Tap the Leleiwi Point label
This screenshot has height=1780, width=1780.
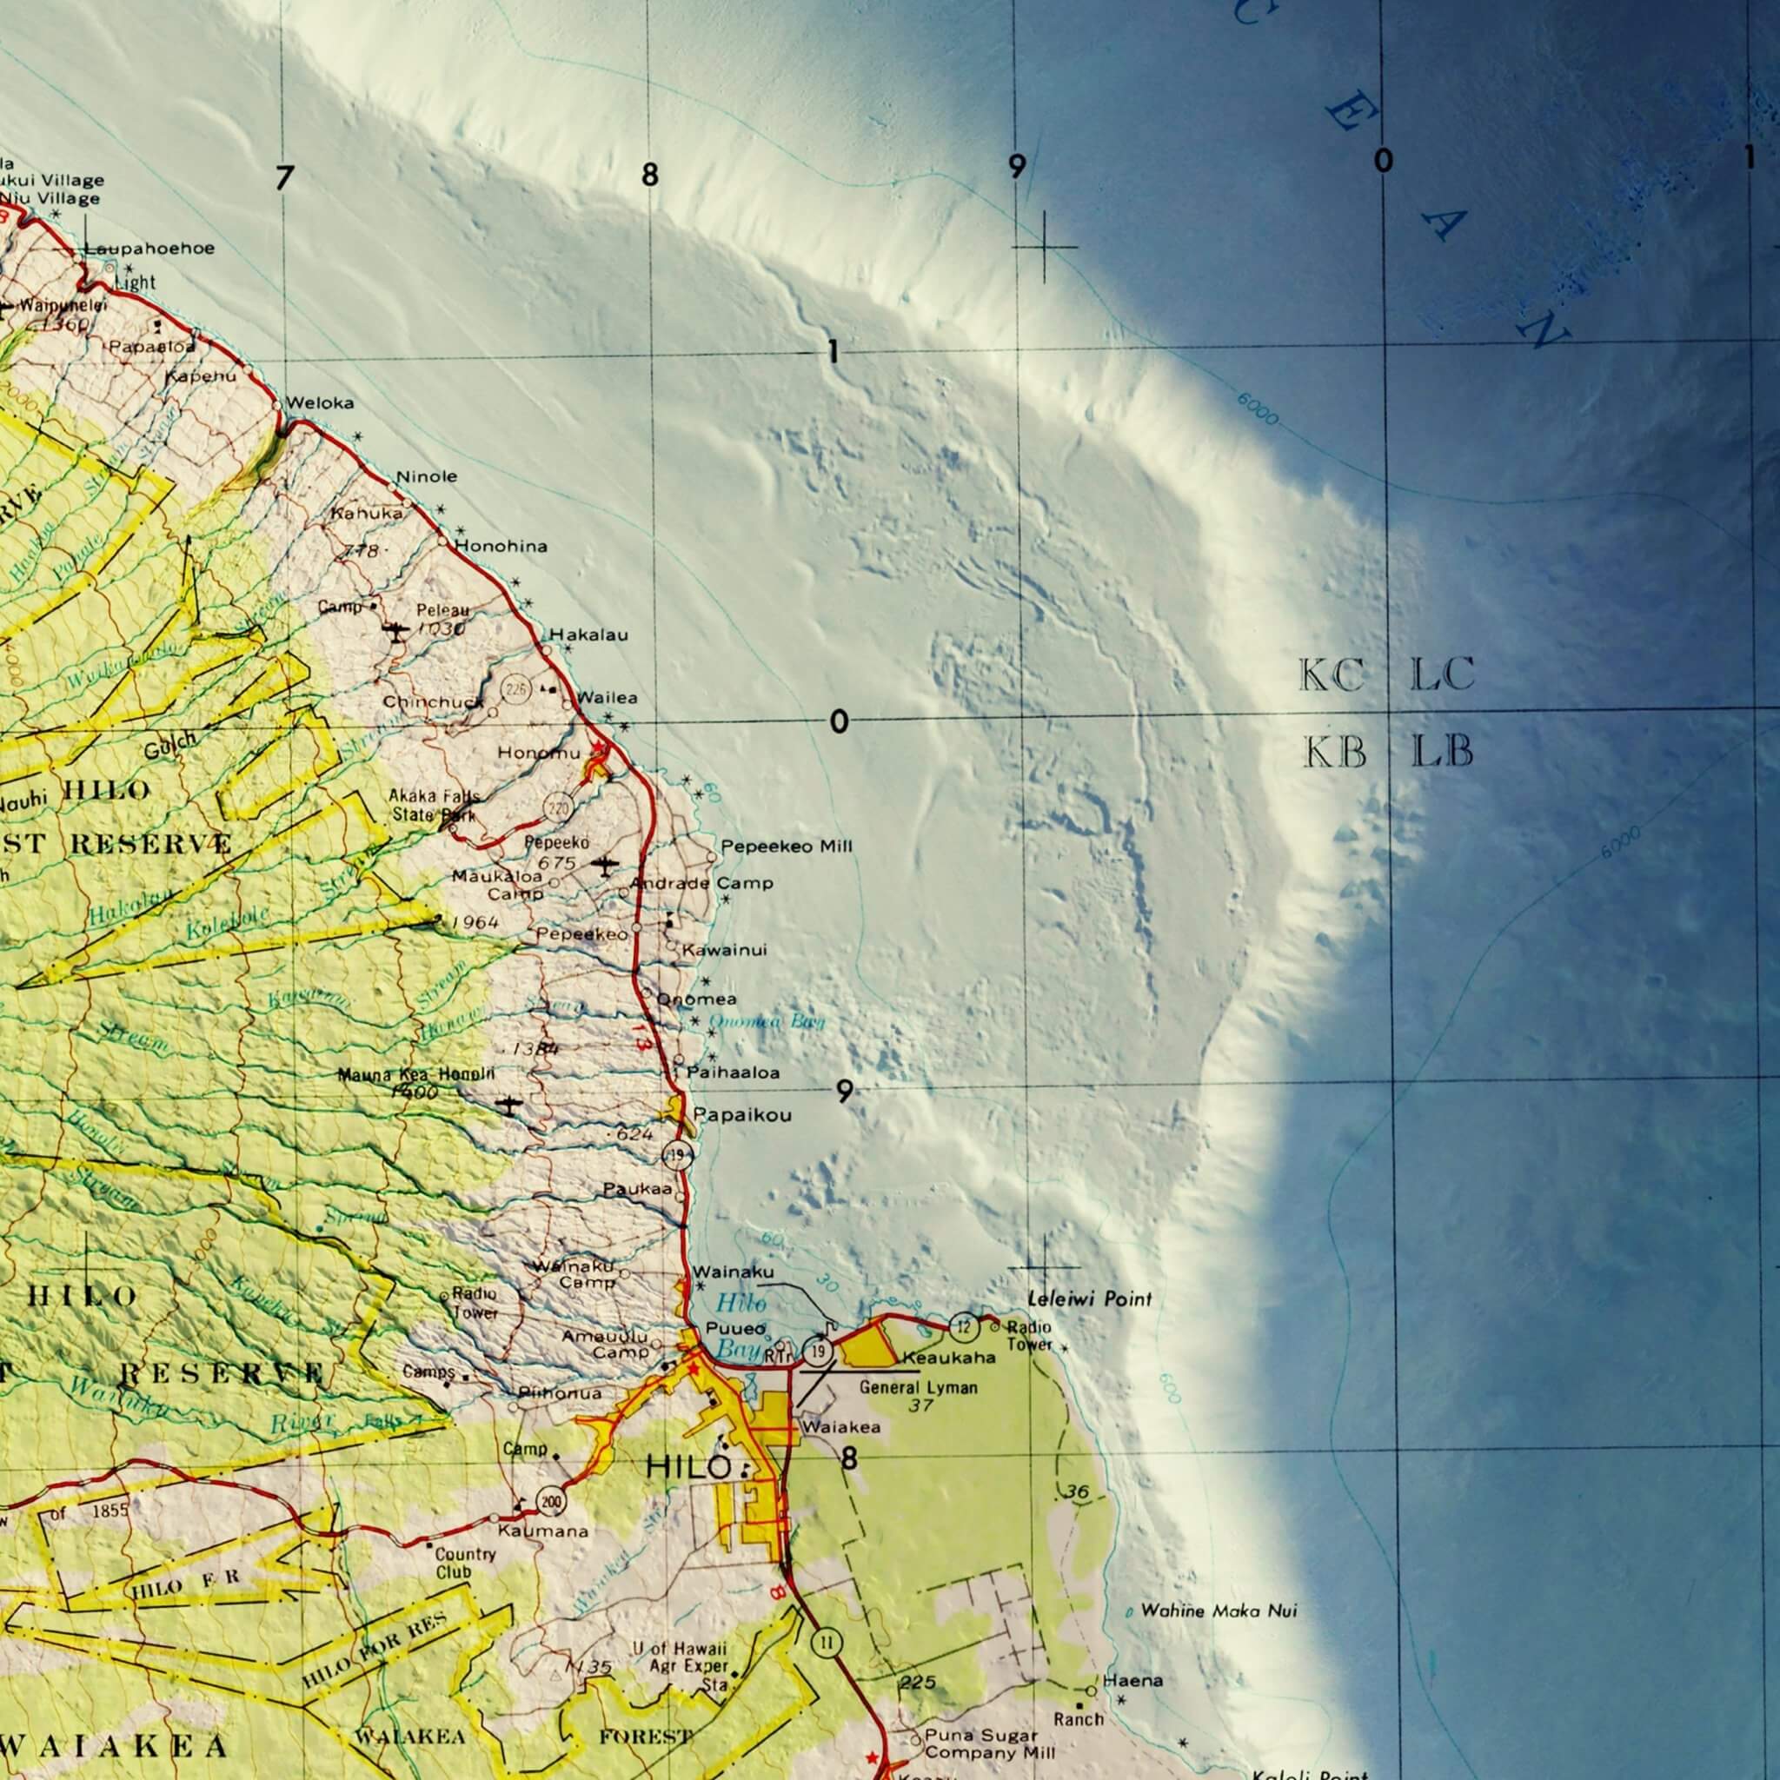1089,1299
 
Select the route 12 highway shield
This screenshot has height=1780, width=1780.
964,1325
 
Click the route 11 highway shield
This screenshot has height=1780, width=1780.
827,1642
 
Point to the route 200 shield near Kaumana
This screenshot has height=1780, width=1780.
551,1504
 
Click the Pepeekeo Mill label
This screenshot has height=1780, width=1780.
786,846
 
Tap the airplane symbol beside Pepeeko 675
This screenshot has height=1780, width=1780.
604,865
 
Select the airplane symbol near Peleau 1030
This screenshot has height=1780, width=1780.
395,632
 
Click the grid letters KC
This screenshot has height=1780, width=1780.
1332,676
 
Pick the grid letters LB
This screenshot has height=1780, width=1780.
1443,752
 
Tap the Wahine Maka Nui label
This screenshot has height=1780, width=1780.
1218,1611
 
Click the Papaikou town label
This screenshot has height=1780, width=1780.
741,1116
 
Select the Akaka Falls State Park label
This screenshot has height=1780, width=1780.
432,804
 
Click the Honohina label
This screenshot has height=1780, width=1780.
501,547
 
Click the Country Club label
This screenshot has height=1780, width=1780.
465,1563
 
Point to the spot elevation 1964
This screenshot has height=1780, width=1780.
475,922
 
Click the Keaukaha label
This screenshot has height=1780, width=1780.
949,1358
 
